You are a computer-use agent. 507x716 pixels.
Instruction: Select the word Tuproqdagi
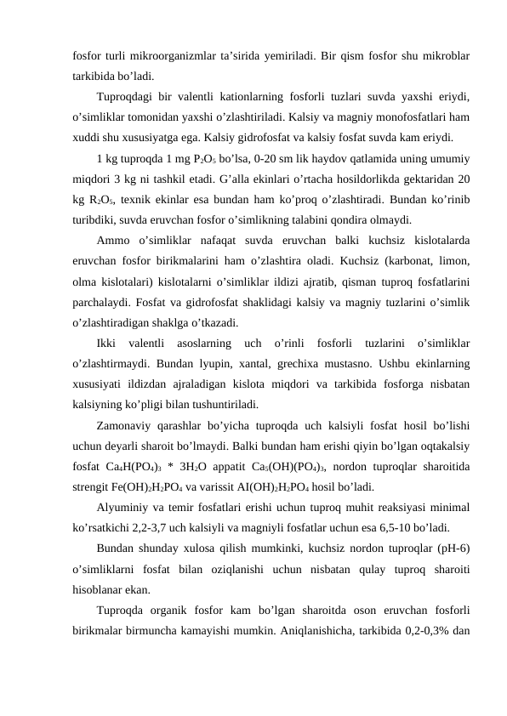tap(126, 96)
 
